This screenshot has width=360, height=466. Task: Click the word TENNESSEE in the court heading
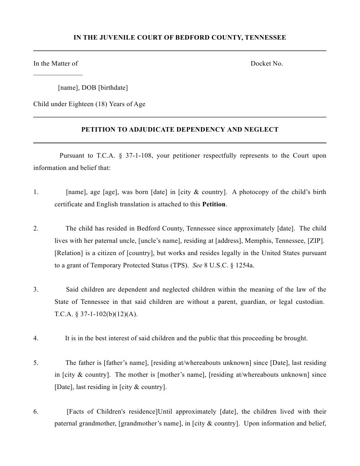click(265, 38)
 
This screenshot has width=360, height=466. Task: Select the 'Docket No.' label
click(267, 64)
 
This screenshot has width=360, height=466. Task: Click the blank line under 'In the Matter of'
click(58, 74)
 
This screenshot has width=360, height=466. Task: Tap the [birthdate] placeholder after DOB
click(113, 87)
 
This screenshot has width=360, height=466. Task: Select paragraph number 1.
click(36, 192)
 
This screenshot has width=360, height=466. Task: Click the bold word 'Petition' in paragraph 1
click(213, 205)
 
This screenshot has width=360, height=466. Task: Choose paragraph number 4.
click(36, 338)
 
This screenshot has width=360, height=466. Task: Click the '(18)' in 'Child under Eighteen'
click(101, 104)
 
